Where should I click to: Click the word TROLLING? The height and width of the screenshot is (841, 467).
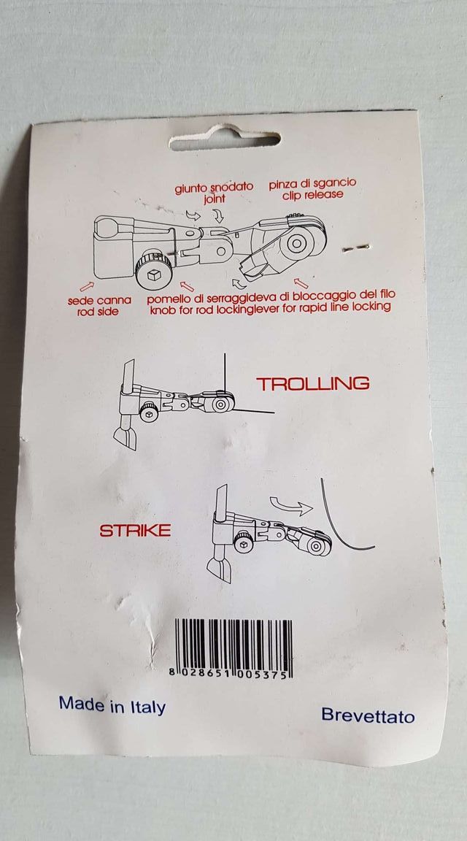pyautogui.click(x=312, y=383)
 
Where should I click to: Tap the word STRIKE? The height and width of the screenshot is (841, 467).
pyautogui.click(x=135, y=530)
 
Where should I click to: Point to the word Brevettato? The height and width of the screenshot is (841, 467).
pyautogui.click(x=368, y=715)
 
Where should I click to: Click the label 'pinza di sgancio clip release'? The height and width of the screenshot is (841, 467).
pyautogui.click(x=312, y=188)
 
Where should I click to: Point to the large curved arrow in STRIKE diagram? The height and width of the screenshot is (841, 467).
pyautogui.click(x=290, y=504)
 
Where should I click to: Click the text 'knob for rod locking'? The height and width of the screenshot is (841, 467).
pyautogui.click(x=204, y=307)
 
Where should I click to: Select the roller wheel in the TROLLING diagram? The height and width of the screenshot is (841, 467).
pyautogui.click(x=220, y=404)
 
